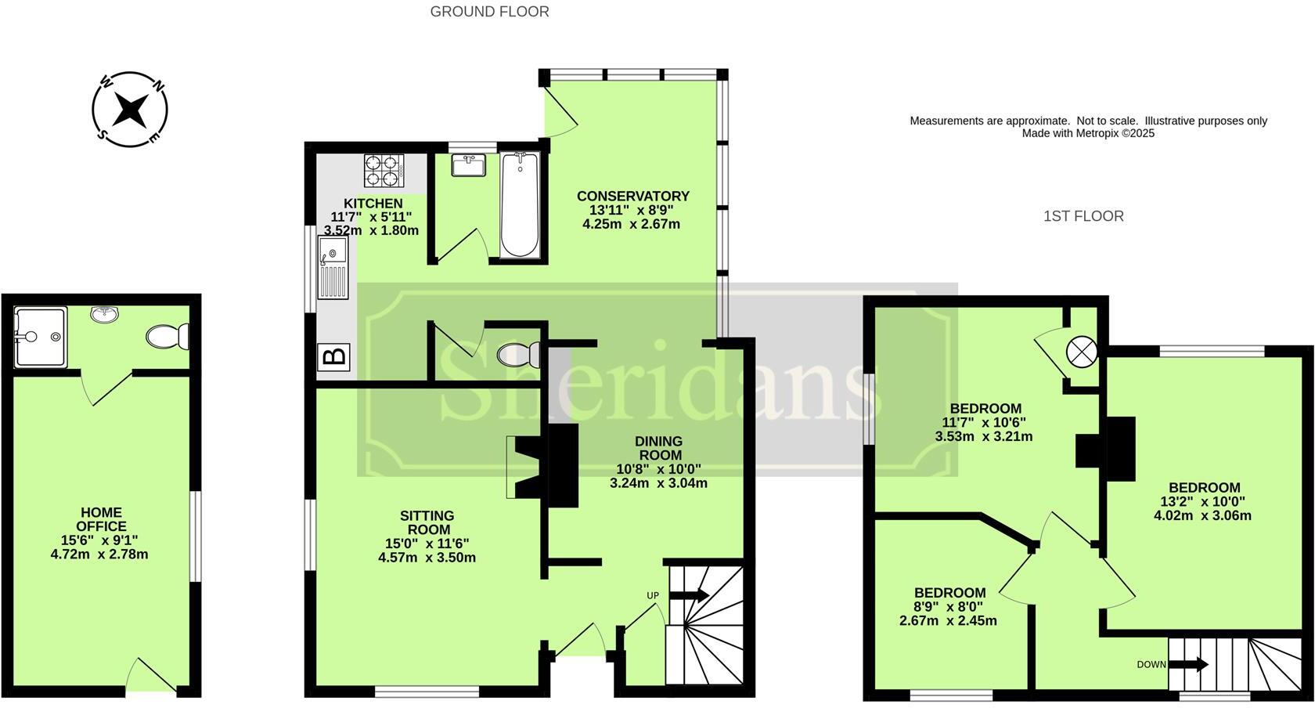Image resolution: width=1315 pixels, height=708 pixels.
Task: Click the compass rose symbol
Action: [x=129, y=110]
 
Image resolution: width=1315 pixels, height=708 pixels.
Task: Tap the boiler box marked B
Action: [x=334, y=357]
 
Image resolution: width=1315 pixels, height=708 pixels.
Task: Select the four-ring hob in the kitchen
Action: [x=383, y=169]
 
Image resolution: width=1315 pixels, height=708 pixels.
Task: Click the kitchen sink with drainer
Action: [x=333, y=268]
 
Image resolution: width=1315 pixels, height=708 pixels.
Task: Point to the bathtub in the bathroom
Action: [x=520, y=204]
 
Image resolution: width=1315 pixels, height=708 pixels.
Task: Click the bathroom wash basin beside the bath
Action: [x=470, y=165]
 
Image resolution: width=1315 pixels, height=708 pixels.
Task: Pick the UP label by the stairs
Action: [x=653, y=595]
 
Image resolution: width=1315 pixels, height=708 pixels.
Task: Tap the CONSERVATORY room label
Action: [x=632, y=196]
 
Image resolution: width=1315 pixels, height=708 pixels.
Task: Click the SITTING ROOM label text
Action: [x=427, y=522]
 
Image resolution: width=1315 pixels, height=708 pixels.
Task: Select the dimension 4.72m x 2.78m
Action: [x=99, y=554]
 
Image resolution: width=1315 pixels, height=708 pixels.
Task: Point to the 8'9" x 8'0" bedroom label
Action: [x=949, y=606]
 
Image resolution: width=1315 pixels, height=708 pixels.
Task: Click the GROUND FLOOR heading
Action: [x=489, y=11]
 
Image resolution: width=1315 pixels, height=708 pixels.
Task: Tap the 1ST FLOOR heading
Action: [x=1083, y=216]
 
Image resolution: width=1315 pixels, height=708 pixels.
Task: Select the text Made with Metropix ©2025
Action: [x=1088, y=133]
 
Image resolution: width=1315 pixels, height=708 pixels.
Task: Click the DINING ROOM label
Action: [x=658, y=448]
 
